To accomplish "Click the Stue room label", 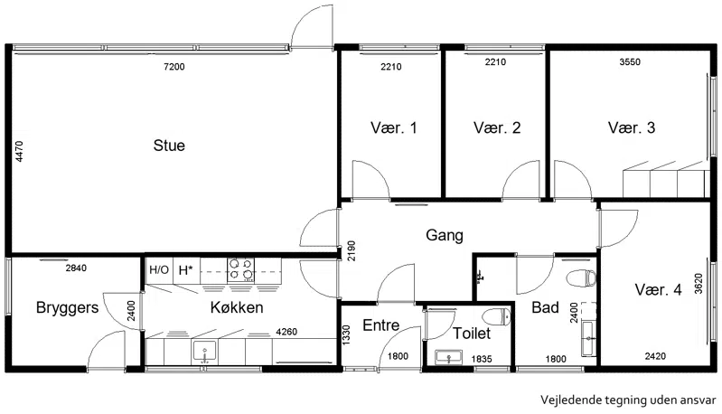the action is (x=169, y=146).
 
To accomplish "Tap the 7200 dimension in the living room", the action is (x=174, y=67).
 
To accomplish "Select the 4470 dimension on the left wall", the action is (x=19, y=152).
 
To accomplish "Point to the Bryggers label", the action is (x=67, y=307).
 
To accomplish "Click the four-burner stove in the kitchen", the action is (x=241, y=270).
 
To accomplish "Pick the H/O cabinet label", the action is (x=159, y=270).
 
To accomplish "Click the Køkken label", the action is (x=237, y=307).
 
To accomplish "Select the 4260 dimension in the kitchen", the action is (x=286, y=332).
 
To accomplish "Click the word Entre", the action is (x=380, y=325).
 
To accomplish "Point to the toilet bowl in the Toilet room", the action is (x=497, y=316).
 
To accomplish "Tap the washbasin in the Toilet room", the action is (x=448, y=357).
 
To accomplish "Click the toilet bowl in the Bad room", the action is (x=581, y=278).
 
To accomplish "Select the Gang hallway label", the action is (x=445, y=235).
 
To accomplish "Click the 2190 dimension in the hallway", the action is (x=352, y=251).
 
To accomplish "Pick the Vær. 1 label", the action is (x=394, y=127).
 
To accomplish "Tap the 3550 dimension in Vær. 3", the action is (x=630, y=62).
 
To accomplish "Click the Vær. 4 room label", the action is (x=658, y=289).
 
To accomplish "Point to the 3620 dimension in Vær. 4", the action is (x=699, y=283).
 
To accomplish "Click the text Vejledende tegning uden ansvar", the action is (x=629, y=400).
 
